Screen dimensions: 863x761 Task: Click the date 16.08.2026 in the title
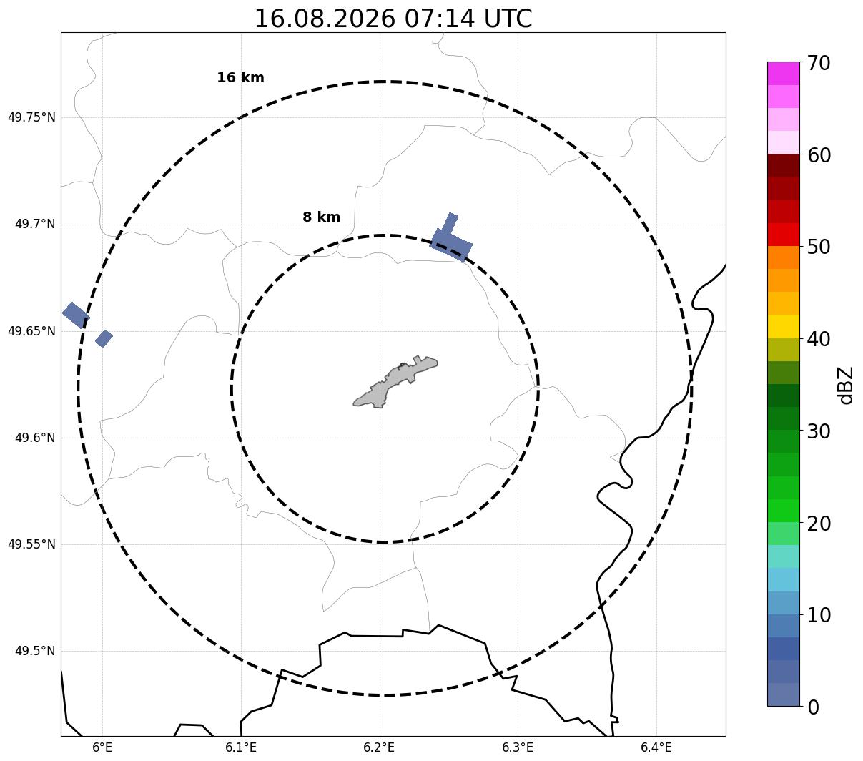(x=325, y=19)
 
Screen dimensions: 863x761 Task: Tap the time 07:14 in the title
(x=439, y=19)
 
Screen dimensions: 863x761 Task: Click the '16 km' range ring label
(x=240, y=77)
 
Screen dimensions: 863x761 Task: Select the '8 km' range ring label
(x=321, y=217)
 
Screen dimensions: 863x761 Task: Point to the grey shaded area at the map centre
(x=395, y=382)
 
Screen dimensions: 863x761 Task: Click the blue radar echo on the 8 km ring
(x=450, y=242)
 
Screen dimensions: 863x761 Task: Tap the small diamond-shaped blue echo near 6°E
(x=104, y=339)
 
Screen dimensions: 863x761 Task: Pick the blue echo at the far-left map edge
(x=76, y=315)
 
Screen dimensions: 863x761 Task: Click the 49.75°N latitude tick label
(x=31, y=117)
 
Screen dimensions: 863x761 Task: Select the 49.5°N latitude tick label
(x=35, y=651)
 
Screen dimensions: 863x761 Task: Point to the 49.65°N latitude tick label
(x=31, y=331)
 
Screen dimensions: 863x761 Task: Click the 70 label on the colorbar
(x=818, y=64)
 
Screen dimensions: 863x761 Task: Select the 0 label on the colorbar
(x=813, y=707)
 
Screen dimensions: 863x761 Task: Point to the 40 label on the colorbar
(x=818, y=339)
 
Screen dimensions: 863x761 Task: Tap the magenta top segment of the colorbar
(x=784, y=73)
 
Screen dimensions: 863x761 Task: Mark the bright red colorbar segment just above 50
(x=784, y=235)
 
